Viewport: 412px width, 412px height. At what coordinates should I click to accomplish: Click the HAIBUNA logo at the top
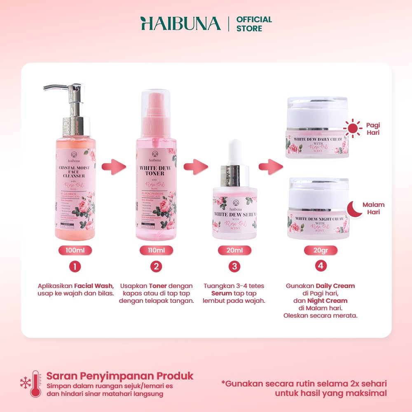[x=180, y=24]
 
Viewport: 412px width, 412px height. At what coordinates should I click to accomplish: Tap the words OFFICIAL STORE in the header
[x=254, y=24]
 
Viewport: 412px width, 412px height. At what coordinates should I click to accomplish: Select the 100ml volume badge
[x=75, y=250]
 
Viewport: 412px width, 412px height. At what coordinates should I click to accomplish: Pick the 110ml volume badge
[x=156, y=250]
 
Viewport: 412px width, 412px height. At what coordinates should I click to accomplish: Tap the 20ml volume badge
[x=234, y=250]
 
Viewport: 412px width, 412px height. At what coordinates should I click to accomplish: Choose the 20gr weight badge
[x=321, y=250]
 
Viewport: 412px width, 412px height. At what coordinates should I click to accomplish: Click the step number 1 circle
[x=75, y=267]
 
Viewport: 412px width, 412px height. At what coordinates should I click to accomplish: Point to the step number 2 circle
[x=156, y=267]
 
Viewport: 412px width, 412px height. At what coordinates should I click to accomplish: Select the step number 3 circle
[x=234, y=267]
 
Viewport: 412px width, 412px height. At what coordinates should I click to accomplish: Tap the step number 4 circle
[x=321, y=267]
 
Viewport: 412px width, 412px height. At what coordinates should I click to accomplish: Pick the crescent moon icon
[x=353, y=208]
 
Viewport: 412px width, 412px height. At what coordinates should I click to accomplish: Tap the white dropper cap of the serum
[x=235, y=150]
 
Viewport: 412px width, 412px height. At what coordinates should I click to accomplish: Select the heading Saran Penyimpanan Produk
[x=119, y=376]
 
